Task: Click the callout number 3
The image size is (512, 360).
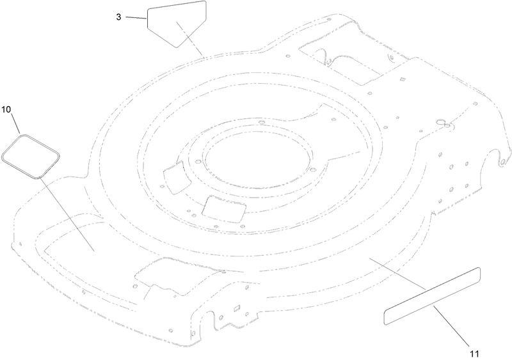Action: tap(118, 17)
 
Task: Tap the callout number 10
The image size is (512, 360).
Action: tap(6, 109)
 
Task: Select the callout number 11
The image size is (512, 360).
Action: tap(474, 354)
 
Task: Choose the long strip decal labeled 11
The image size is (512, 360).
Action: tap(431, 296)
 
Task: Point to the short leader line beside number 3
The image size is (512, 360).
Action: tap(136, 18)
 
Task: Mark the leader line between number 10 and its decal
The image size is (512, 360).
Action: tap(15, 123)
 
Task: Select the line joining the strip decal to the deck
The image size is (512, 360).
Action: tap(397, 274)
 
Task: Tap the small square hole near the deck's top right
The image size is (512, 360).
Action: tap(403, 79)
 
